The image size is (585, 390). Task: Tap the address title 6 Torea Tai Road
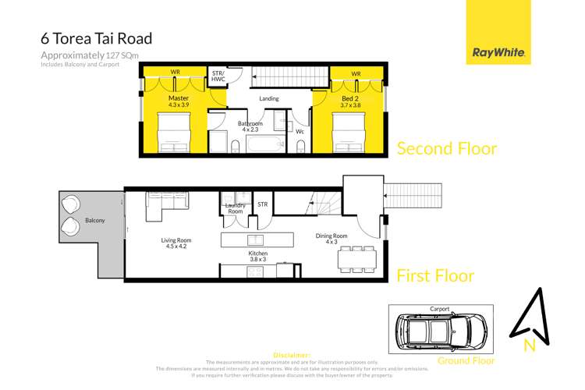point(96,37)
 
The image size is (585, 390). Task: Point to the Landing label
point(269,99)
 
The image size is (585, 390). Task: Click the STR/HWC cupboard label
point(218,76)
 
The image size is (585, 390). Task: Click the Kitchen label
point(257,257)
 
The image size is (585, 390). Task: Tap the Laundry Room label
point(235,208)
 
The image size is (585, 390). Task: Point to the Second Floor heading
point(447,148)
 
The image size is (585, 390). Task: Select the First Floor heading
point(435,275)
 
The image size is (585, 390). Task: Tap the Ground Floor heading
point(466,360)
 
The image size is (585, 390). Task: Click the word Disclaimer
point(292,355)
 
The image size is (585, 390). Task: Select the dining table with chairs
point(357,257)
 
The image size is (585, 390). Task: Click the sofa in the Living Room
point(165,204)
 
